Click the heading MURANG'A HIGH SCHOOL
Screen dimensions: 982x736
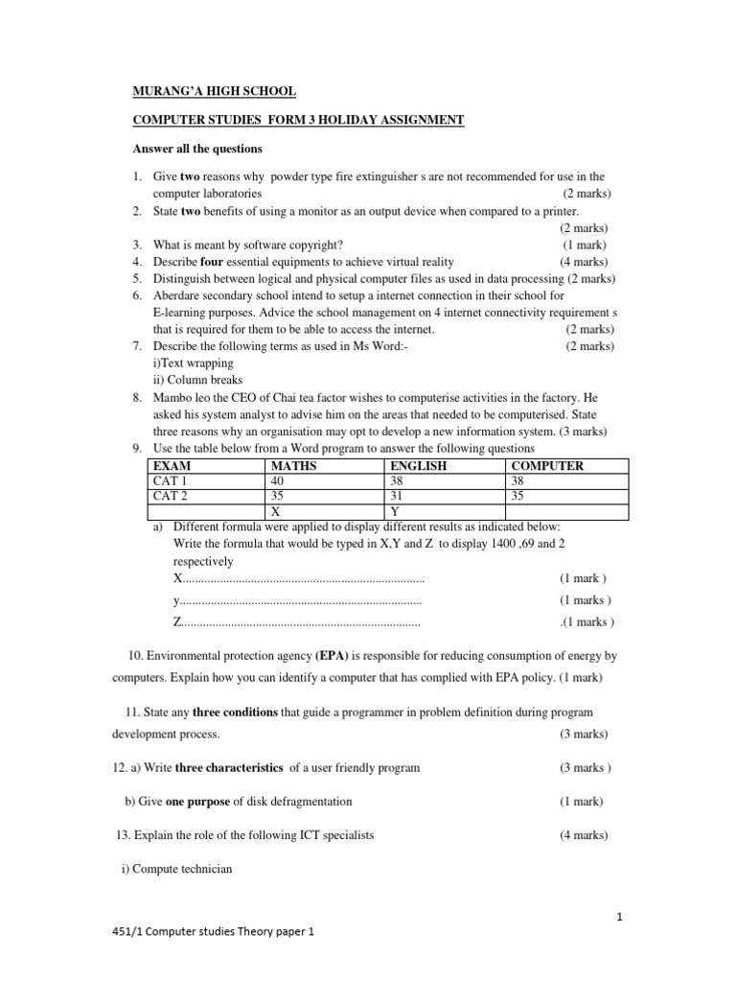[x=214, y=91]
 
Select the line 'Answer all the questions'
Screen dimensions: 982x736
[x=196, y=150]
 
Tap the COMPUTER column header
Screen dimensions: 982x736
[x=547, y=466]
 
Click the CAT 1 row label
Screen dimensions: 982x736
[x=172, y=481]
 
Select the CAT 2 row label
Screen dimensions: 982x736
[x=172, y=497]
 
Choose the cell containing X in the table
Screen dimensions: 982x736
[x=276, y=512]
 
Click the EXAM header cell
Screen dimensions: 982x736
[x=172, y=466]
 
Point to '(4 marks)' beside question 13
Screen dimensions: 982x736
[x=584, y=835]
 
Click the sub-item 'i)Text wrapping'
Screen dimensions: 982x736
[x=193, y=364]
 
